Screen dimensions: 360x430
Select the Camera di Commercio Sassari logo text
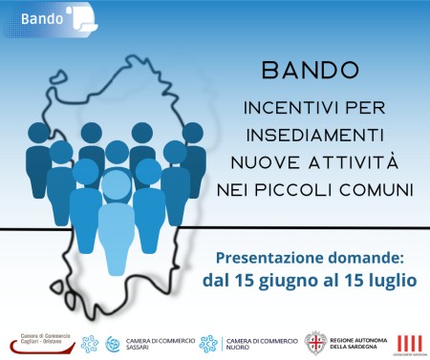[156, 341]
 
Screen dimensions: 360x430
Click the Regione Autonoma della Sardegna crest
[316, 341]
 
